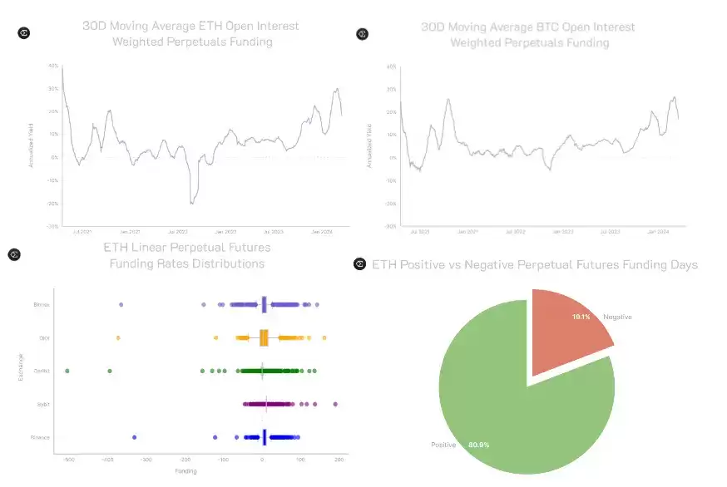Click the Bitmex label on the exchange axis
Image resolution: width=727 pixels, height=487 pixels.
pyautogui.click(x=42, y=305)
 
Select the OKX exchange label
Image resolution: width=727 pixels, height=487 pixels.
pyautogui.click(x=44, y=338)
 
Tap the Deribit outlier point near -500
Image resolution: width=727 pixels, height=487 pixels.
pyautogui.click(x=67, y=371)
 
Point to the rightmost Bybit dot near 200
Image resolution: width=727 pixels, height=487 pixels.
pyautogui.click(x=334, y=404)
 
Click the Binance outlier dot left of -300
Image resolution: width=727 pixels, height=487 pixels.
pyautogui.click(x=134, y=437)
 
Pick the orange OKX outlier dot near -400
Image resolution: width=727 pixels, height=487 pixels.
pyautogui.click(x=117, y=338)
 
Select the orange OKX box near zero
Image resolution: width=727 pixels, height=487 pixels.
pyautogui.click(x=264, y=338)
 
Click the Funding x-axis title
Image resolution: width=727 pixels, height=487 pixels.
pyautogui.click(x=186, y=471)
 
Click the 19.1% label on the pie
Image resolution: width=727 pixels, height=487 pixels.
pyautogui.click(x=581, y=317)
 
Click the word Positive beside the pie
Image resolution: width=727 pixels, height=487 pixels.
pyautogui.click(x=443, y=445)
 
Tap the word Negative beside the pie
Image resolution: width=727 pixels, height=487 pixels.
pyautogui.click(x=616, y=317)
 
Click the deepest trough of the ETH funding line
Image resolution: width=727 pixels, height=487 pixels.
pyautogui.click(x=192, y=204)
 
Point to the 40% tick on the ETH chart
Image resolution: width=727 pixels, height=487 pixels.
pyautogui.click(x=53, y=66)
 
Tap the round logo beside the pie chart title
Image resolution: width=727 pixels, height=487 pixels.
pyautogui.click(x=360, y=264)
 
